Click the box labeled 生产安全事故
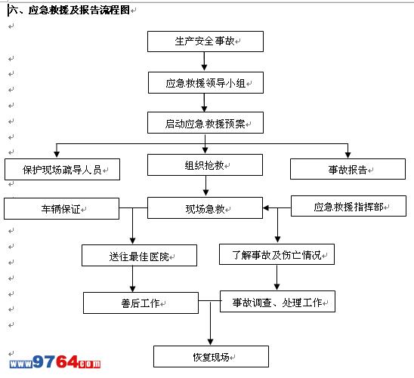pos(205,41)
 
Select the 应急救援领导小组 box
pos(205,82)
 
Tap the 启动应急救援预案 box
pos(205,122)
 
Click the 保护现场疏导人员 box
pos(62,169)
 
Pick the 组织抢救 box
pos(205,164)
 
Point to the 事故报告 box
pos(348,169)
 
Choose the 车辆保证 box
pos(61,208)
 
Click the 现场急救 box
pos(205,207)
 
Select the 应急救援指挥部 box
pos(348,206)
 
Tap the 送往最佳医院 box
pos(139,256)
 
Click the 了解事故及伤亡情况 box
pos(277,254)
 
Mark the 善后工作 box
pos(141,303)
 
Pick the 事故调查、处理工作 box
pos(277,302)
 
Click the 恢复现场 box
pos(211,357)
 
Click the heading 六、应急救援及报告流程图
pos(70,10)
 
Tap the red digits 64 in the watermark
pos(67,361)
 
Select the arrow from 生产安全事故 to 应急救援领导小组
pos(204,61)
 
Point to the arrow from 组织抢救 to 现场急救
pos(206,186)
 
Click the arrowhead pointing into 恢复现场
pos(211,342)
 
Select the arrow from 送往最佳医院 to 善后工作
pos(132,279)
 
